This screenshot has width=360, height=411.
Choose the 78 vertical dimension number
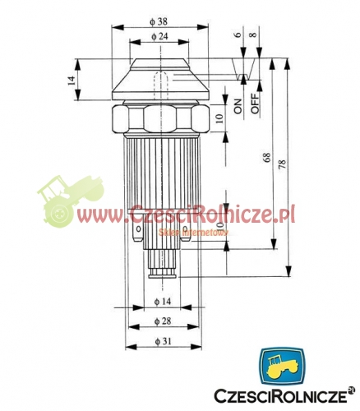[x=284, y=164]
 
